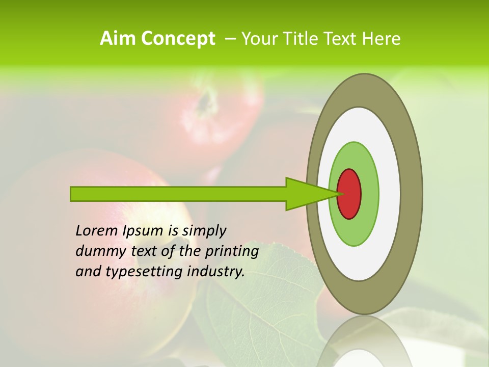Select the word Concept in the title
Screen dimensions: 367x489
pyautogui.click(x=177, y=39)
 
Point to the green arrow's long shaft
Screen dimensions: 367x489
pyautogui.click(x=178, y=194)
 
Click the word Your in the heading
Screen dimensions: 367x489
pyautogui.click(x=258, y=39)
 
